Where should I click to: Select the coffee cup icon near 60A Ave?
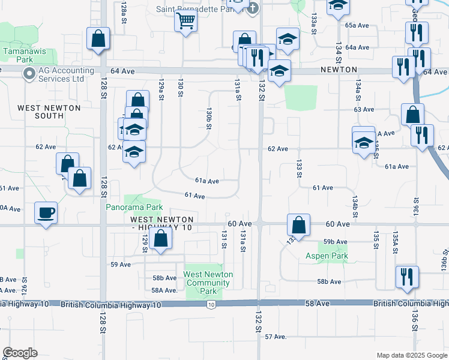pos(46,212)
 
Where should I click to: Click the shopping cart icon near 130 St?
pos(185,22)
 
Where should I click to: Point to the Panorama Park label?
pos(134,208)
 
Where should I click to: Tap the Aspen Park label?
pos(327,256)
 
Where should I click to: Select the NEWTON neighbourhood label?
pos(339,70)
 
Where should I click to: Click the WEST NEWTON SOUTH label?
pos(49,112)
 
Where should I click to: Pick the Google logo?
pos(20,353)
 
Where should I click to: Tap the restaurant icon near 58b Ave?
pos(407,277)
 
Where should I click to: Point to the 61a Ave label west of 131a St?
pos(207,181)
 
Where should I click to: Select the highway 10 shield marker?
pos(211,305)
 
